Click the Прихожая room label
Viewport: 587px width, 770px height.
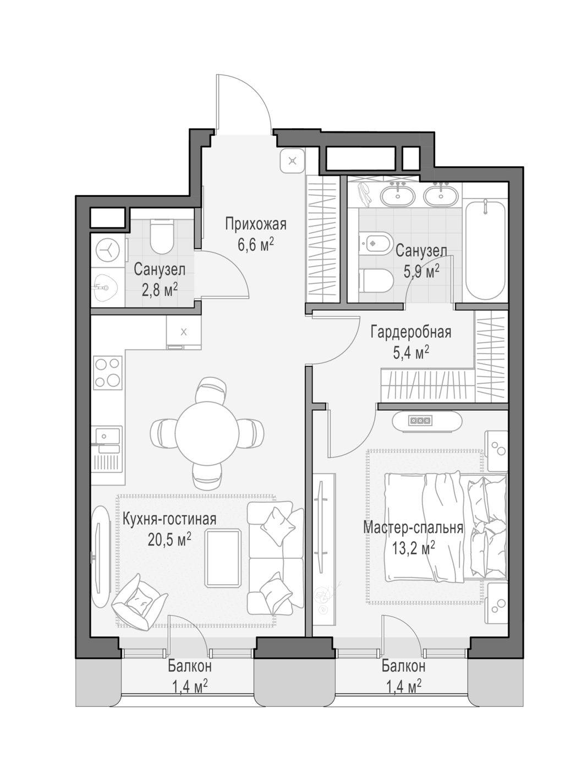pos(256,224)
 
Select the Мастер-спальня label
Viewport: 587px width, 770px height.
pos(413,527)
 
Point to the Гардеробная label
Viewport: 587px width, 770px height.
pos(411,332)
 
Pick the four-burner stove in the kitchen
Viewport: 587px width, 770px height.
pos(108,372)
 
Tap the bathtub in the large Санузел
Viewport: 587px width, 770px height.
pos(485,250)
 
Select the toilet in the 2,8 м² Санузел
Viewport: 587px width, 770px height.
pos(161,236)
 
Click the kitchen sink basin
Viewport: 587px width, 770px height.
pos(107,436)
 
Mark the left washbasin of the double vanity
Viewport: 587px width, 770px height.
pos(398,196)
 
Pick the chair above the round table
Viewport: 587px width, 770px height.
pos(210,389)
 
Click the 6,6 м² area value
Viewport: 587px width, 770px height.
pos(255,244)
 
